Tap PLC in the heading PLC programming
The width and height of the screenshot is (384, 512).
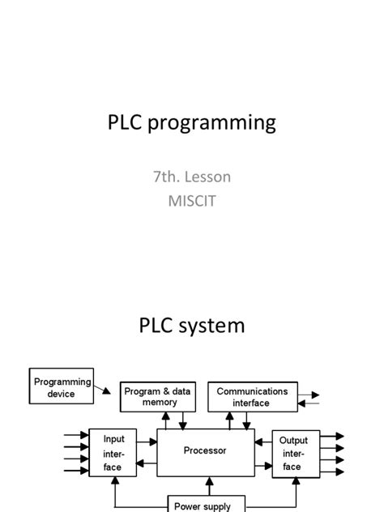126,122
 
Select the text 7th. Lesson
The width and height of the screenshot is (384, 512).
191,177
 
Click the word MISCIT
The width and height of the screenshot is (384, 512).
191,200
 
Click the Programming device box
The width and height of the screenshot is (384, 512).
62,387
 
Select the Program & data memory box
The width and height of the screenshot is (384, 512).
160,397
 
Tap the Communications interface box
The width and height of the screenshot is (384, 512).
251,397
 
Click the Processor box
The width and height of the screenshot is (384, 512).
205,450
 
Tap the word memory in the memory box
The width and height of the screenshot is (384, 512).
160,403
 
